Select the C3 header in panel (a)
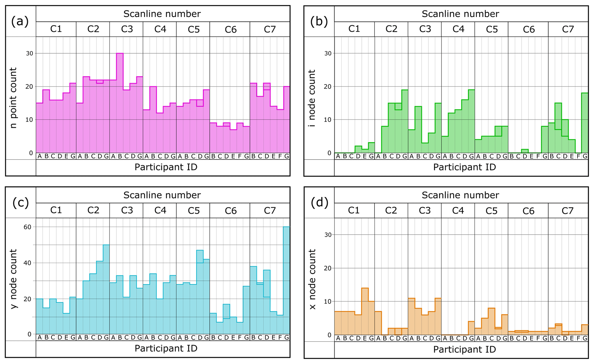click(x=127, y=29)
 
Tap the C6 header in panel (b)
click(x=528, y=29)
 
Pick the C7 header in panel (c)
click(x=270, y=211)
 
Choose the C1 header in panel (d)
click(x=354, y=211)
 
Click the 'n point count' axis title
click(x=14, y=98)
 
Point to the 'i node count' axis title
click(x=312, y=98)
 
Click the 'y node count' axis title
click(x=14, y=279)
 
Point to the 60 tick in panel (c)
click(x=27, y=227)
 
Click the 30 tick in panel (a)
click(x=30, y=53)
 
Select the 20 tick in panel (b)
click(x=328, y=87)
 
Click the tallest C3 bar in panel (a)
click(x=120, y=103)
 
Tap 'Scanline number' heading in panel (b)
click(x=460, y=14)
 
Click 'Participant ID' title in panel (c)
click(x=166, y=348)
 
